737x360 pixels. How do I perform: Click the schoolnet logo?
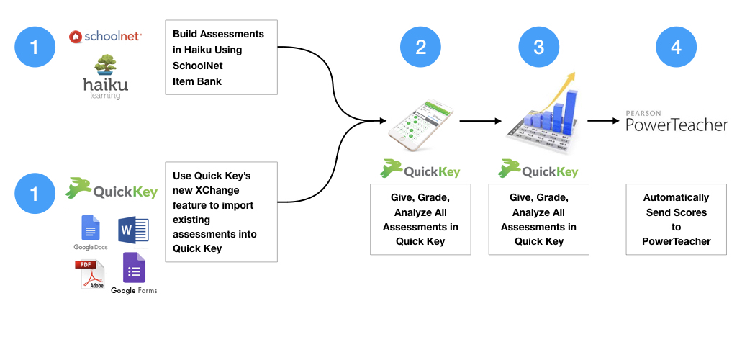tap(105, 36)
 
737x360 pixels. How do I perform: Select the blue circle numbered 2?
tap(421, 48)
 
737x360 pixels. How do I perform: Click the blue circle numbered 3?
tap(539, 48)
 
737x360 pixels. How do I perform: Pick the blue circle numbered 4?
tap(676, 48)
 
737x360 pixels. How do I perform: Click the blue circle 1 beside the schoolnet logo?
tap(35, 48)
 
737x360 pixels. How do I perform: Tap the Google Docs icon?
tap(91, 228)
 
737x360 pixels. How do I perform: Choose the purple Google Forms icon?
tap(134, 268)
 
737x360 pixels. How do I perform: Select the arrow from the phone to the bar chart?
tap(481, 121)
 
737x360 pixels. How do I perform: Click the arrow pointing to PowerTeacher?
tap(603, 121)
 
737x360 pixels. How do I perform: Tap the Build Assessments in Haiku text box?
tap(221, 57)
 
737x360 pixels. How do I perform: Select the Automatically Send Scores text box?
tap(676, 219)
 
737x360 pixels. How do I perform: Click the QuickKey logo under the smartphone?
tap(420, 171)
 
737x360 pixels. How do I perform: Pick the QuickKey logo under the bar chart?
tap(538, 171)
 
